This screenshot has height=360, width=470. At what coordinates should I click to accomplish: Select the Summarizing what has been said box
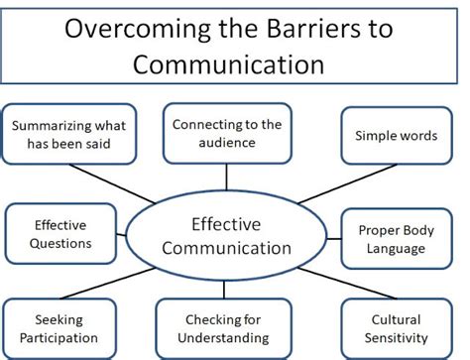point(68,134)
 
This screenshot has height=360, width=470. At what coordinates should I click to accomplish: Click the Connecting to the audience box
point(227,133)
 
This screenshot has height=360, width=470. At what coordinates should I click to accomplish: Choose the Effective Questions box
point(61,234)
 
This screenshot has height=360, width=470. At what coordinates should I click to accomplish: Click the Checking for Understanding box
point(225,327)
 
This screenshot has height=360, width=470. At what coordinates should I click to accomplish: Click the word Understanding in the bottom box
point(225,336)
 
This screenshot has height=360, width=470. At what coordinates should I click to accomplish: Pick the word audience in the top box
point(227,142)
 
